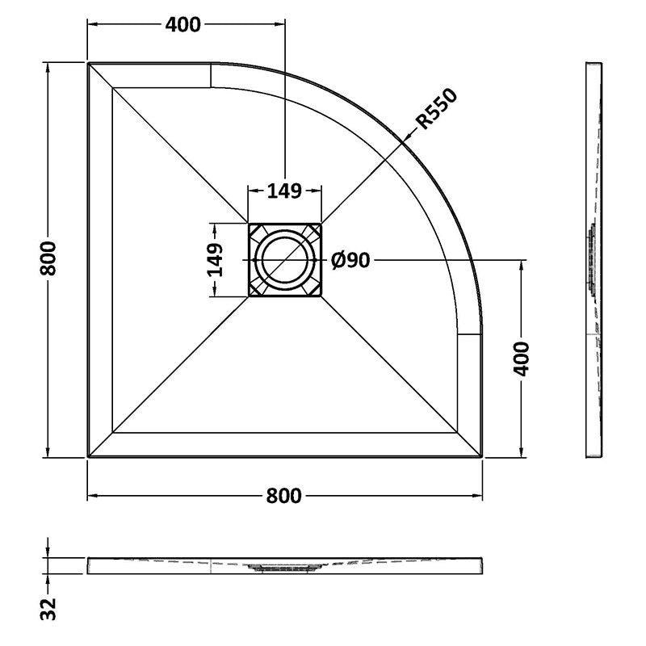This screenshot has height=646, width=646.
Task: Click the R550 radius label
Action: (x=437, y=108)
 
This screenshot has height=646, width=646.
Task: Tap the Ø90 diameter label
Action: (x=350, y=260)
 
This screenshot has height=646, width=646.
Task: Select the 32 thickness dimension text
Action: (x=48, y=609)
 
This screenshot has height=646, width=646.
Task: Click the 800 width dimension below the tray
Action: (x=284, y=495)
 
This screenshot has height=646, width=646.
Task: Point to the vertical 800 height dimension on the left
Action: (x=48, y=258)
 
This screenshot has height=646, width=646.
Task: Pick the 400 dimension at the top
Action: (x=183, y=25)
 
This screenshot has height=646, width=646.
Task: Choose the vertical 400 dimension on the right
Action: (x=522, y=359)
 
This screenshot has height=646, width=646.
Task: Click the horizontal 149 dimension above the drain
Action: (x=285, y=191)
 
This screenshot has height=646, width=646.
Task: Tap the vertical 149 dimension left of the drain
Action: (x=215, y=260)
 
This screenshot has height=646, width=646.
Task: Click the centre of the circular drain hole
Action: (x=285, y=260)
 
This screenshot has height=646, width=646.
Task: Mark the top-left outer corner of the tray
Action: (x=88, y=64)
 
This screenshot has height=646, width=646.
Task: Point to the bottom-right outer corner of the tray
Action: (x=481, y=456)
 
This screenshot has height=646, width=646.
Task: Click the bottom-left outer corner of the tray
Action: (x=88, y=456)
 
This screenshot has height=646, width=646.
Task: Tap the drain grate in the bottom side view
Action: (x=284, y=568)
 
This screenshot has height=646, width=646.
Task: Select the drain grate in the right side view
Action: (x=591, y=260)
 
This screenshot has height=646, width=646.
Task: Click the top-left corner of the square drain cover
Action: (x=249, y=224)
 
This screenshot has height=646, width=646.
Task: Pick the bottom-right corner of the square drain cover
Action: (x=321, y=296)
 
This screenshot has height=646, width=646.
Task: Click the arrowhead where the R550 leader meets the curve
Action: (x=405, y=140)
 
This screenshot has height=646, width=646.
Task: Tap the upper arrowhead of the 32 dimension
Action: (x=48, y=552)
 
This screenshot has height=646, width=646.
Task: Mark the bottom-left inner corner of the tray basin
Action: (x=112, y=433)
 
